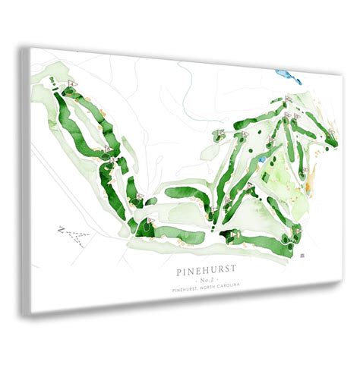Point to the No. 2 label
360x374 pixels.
206,277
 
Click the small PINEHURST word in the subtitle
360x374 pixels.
186,287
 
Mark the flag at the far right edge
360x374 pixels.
331,134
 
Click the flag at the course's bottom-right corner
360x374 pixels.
298,229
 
